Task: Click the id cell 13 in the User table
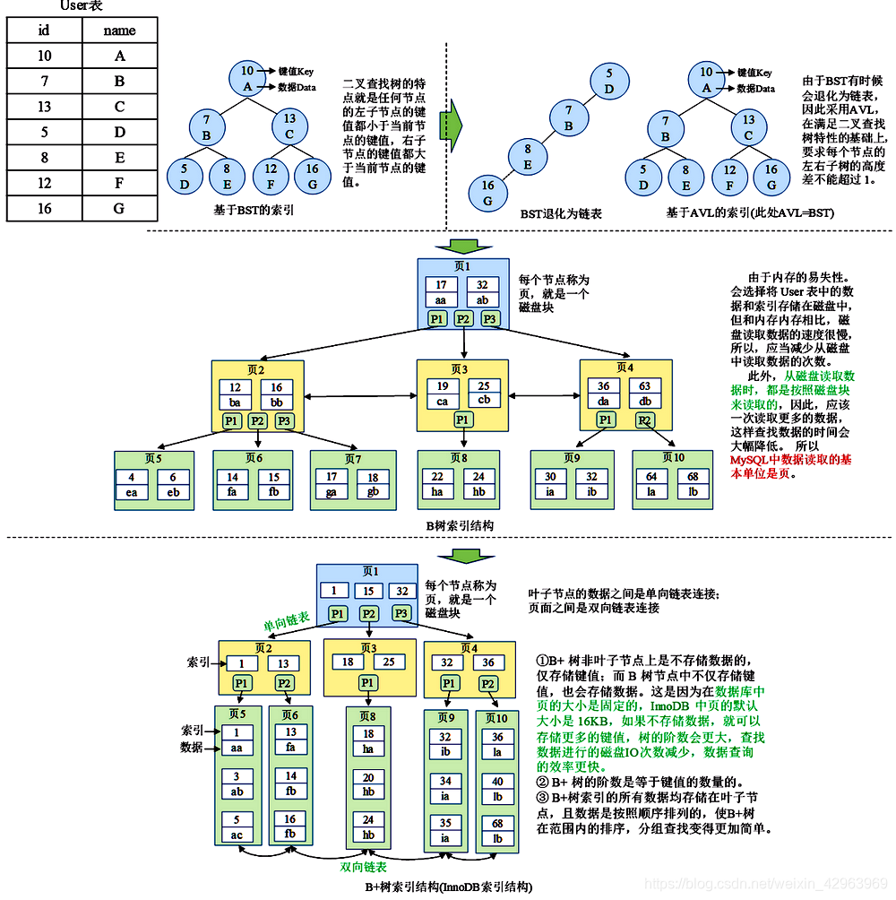pyautogui.click(x=44, y=107)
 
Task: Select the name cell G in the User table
pyautogui.click(x=119, y=209)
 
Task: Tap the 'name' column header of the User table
pyautogui.click(x=119, y=30)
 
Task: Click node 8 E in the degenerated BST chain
pyautogui.click(x=528, y=157)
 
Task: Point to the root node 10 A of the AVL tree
pyautogui.click(x=706, y=79)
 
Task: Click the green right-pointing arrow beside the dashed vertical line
pyautogui.click(x=451, y=119)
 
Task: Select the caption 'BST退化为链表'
pyautogui.click(x=561, y=215)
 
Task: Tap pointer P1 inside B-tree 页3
pyautogui.click(x=462, y=420)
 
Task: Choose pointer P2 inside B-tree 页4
pyautogui.click(x=645, y=420)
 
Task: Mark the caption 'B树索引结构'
pyautogui.click(x=460, y=525)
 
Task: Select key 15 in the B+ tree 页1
pyautogui.click(x=368, y=591)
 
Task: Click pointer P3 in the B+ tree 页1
pyautogui.click(x=401, y=614)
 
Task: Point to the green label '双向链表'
pyautogui.click(x=363, y=868)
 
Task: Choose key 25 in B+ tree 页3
pyautogui.click(x=389, y=662)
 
